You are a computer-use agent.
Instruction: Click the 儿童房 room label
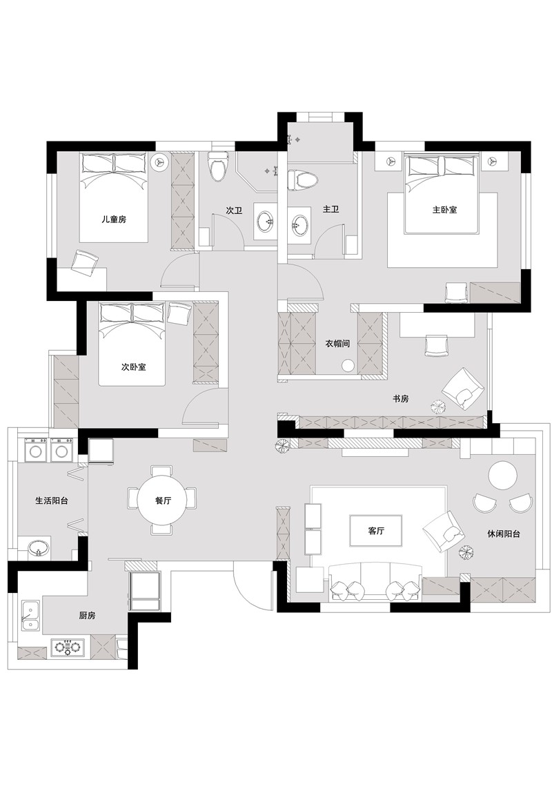[x=114, y=220]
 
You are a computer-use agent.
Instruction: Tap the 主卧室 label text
[x=445, y=209]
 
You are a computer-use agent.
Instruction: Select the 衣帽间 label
[x=337, y=344]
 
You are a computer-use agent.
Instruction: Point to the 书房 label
[x=400, y=398]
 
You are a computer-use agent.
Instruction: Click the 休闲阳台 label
[x=504, y=534]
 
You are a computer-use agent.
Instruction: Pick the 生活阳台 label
[x=52, y=500]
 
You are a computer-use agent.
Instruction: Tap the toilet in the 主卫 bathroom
[x=303, y=180]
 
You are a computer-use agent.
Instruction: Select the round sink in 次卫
[x=265, y=220]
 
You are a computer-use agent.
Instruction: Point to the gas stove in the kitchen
[x=68, y=647]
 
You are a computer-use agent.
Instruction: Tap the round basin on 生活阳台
[x=38, y=548]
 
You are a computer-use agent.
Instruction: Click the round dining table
[x=163, y=500]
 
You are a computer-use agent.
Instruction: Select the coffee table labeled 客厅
[x=376, y=530]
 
